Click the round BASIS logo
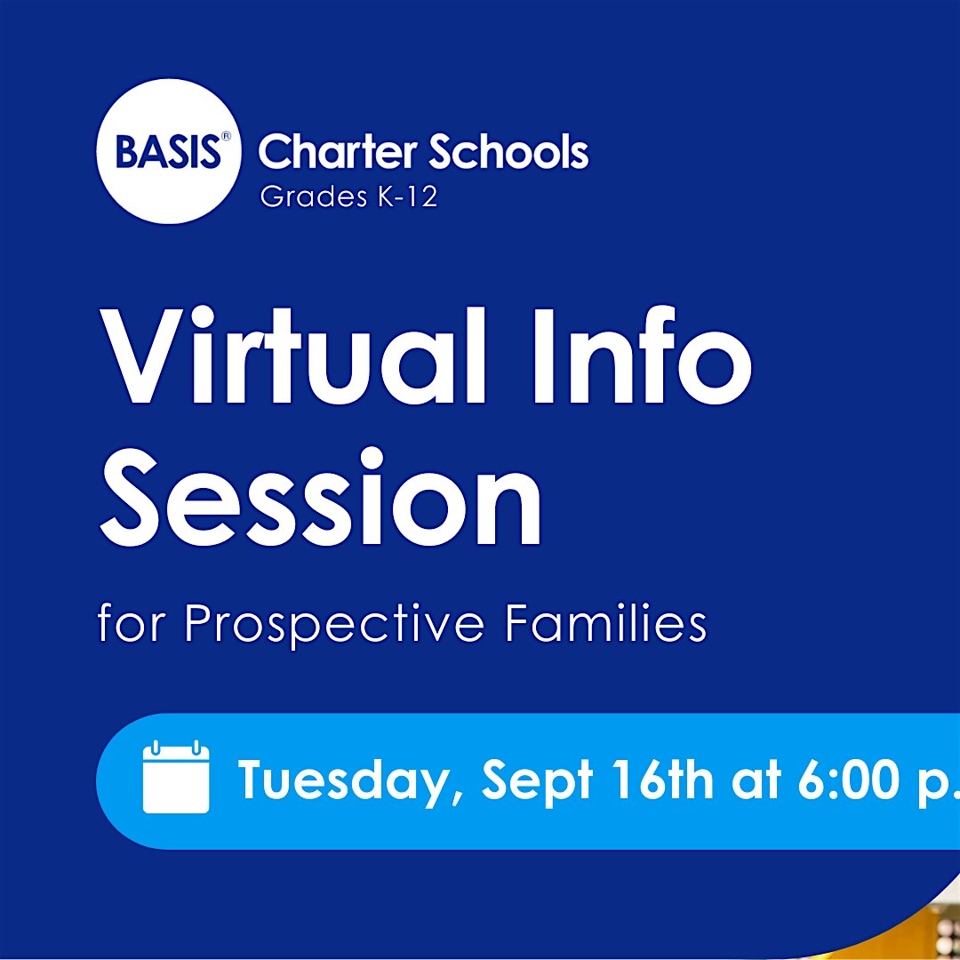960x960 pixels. pos(168,150)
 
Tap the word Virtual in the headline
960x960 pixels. pos(293,356)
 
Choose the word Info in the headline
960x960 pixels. pos(643,356)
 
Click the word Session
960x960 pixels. pos(320,497)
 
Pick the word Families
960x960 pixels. pos(606,622)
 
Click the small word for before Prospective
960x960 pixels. pos(131,622)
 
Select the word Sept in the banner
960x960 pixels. pos(537,782)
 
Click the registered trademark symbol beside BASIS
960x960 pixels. pos(226,136)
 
